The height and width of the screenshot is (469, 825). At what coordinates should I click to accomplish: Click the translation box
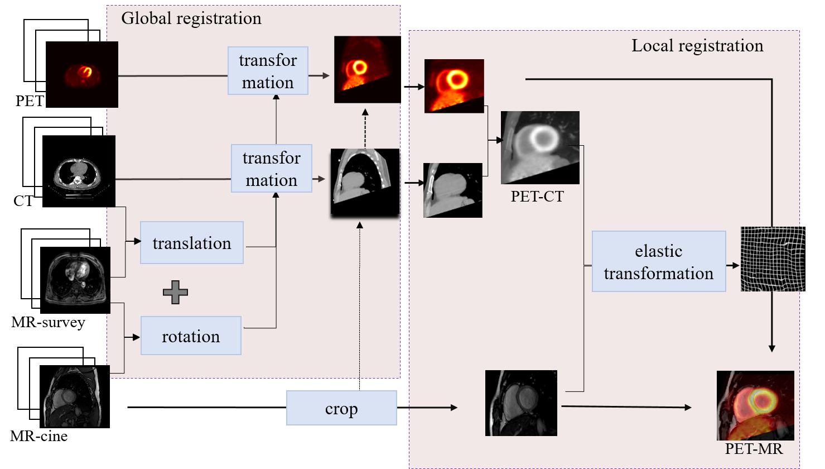point(192,243)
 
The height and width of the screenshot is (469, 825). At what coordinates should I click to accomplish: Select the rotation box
point(191,336)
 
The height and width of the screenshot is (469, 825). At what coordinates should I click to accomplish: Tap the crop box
point(341,408)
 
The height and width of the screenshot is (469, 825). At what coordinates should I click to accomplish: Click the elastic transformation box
point(658,262)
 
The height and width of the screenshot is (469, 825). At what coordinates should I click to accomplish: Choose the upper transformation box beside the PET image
point(268,71)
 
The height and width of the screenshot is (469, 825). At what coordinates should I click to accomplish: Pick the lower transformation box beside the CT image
point(272,169)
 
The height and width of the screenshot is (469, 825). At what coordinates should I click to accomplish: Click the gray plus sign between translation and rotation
point(175,292)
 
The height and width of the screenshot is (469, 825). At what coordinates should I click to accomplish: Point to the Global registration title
point(191,18)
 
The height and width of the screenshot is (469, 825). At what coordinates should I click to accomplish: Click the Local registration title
point(697,46)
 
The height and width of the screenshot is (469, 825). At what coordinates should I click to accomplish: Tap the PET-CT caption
point(537,197)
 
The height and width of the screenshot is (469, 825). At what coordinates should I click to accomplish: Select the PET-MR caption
point(754,448)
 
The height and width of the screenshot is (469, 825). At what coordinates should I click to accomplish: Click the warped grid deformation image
point(773,259)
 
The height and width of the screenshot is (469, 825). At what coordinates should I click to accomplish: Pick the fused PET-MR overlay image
point(755,405)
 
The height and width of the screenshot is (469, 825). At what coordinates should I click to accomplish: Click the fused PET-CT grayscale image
point(540,147)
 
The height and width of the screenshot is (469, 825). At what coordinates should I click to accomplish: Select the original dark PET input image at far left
point(82,74)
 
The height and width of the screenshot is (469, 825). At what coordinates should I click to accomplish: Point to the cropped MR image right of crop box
point(521,403)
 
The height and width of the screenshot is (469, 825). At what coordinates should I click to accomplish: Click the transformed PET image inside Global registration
point(367,69)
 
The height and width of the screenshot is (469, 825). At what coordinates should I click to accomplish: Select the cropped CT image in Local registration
point(452,190)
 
